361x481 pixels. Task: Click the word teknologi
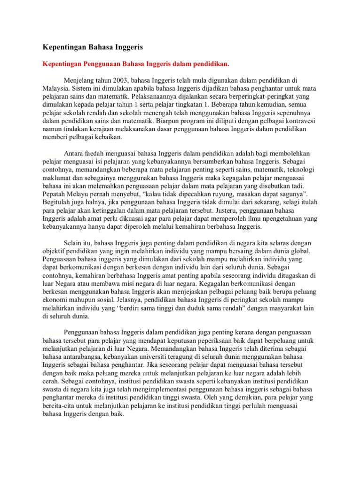point(299,169)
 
